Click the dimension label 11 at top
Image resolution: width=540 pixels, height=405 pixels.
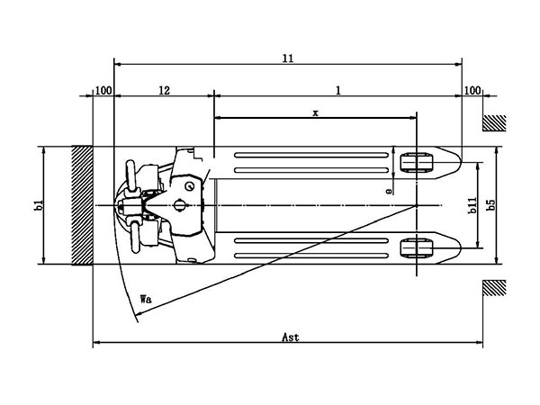point(288,58)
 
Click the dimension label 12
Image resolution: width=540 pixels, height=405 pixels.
point(165,91)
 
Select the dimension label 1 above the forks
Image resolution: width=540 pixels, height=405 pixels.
point(338,91)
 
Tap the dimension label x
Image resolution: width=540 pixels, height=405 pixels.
point(315,112)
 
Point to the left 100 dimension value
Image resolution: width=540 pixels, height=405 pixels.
point(103,91)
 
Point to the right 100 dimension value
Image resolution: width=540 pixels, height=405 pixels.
point(472,91)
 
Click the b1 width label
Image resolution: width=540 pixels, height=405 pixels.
point(38,206)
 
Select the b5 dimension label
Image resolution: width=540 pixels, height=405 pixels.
point(491,206)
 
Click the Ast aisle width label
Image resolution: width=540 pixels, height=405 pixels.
point(290,337)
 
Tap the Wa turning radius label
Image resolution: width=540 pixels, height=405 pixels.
point(146,298)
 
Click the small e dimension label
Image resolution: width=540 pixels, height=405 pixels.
point(388,191)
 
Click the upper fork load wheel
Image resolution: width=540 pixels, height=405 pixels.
point(417,164)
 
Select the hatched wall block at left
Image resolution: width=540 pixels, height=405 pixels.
point(83,206)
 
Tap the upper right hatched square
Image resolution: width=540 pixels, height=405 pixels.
point(494,123)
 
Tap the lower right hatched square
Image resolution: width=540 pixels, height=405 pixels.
point(494,288)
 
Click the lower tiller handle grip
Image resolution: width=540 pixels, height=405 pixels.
point(137,237)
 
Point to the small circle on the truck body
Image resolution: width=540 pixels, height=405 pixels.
point(190,184)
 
